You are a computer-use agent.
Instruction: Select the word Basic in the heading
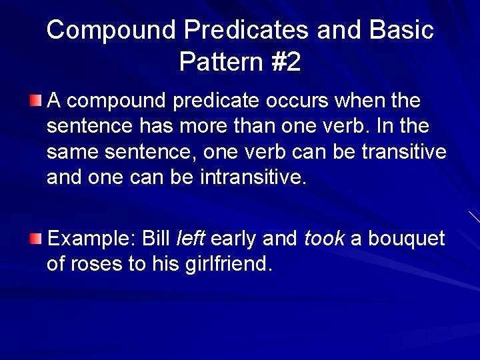click(401, 31)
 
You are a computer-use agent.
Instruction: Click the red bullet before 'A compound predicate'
click(35, 101)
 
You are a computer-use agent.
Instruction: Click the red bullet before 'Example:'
click(35, 239)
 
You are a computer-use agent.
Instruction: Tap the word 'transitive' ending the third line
click(404, 152)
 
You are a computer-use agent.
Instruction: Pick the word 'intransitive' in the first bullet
click(253, 178)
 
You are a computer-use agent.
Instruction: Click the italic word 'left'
click(191, 239)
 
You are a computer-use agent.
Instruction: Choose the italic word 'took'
click(325, 239)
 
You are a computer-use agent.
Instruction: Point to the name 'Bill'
click(157, 239)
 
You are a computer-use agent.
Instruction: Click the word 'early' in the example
click(234, 239)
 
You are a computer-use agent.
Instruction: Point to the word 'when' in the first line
click(359, 101)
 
